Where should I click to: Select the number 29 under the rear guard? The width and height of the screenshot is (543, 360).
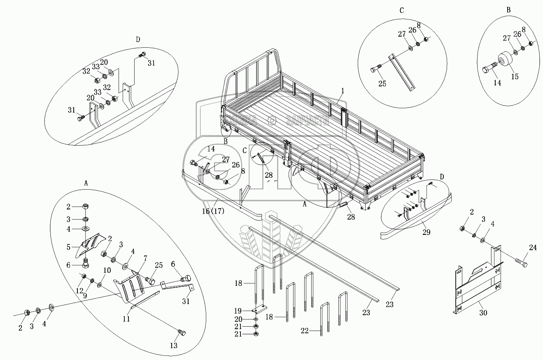(x=426, y=232)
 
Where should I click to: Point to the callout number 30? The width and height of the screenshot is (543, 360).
(x=483, y=313)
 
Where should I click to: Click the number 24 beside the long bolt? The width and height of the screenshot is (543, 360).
(x=533, y=248)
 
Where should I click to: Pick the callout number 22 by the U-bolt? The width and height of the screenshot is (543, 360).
(x=315, y=330)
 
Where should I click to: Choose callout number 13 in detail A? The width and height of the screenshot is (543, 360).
(x=174, y=346)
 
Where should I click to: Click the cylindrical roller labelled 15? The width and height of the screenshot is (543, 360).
(x=505, y=60)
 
